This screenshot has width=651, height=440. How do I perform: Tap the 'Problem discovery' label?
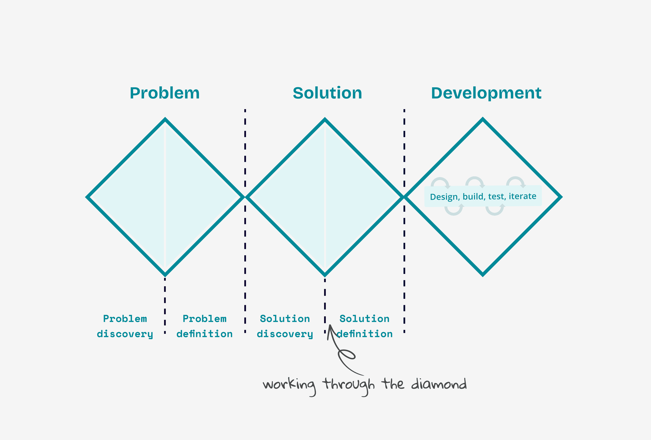coord(125,326)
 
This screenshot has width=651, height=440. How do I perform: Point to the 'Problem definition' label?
coord(205,326)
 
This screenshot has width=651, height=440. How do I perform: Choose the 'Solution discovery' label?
coord(285,326)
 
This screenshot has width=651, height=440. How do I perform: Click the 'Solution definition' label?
coord(364,326)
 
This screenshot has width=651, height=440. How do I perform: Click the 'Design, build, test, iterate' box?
coord(483,196)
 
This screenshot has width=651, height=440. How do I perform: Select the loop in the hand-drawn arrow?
coord(347,355)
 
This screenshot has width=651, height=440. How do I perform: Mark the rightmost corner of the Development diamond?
coord(561,197)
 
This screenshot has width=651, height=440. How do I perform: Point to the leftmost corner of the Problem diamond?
coord(87,197)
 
